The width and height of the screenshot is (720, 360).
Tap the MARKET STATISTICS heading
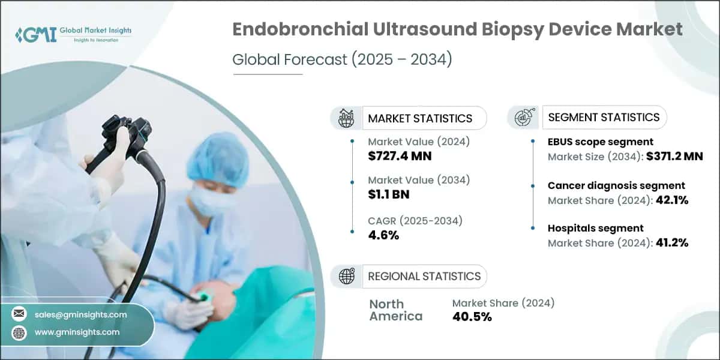420,118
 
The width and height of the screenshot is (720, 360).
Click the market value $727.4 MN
400,156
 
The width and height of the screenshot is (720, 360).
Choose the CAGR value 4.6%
383,235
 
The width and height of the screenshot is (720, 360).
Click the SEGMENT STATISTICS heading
604,117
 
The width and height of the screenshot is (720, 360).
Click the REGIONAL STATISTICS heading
424,276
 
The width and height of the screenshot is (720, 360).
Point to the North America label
395,310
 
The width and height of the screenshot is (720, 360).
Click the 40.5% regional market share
472,317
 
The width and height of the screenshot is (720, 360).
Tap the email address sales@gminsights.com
80,314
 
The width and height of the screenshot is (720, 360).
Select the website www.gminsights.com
77,332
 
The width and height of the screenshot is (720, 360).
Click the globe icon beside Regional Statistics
346,276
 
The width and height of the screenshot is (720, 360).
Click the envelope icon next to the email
19,314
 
